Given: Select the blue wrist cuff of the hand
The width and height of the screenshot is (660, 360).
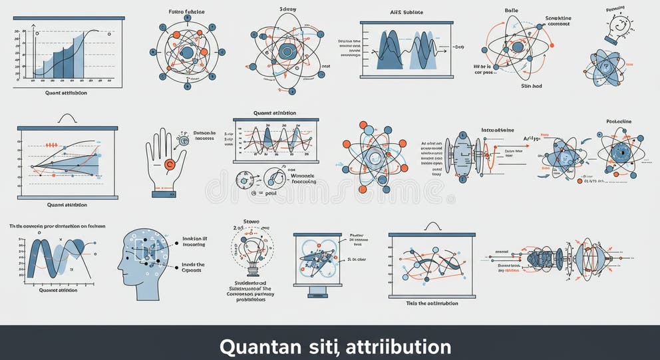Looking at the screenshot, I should [x=163, y=194].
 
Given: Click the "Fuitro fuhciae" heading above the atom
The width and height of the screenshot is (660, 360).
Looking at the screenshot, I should [x=186, y=12].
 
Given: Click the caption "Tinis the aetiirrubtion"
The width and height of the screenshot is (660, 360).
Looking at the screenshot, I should [x=432, y=303].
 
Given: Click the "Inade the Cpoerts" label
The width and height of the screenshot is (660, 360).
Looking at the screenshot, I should [x=193, y=268].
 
